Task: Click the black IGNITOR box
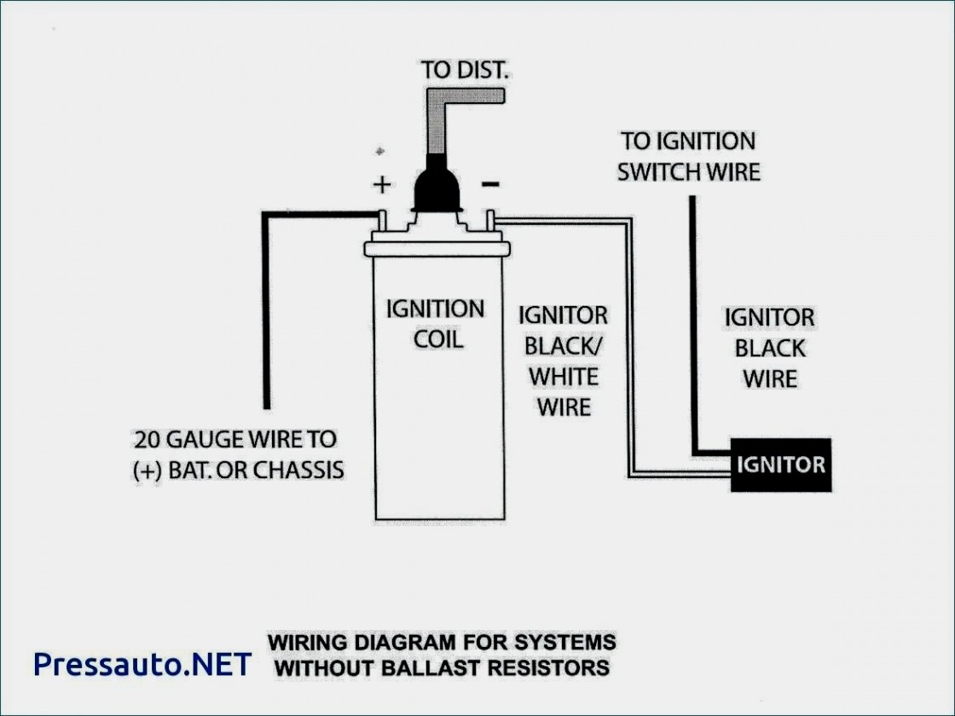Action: tap(780, 465)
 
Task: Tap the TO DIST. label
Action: tap(465, 70)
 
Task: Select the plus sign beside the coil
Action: tap(381, 184)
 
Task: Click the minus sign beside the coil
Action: tap(491, 182)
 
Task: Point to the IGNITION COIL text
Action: tap(436, 323)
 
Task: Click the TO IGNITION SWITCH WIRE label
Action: tap(688, 156)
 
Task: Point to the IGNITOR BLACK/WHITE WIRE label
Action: tap(564, 361)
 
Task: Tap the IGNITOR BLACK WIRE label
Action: tap(769, 348)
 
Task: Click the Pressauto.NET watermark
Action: tap(142, 663)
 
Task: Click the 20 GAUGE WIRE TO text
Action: tap(234, 440)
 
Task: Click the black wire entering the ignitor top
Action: tap(693, 324)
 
